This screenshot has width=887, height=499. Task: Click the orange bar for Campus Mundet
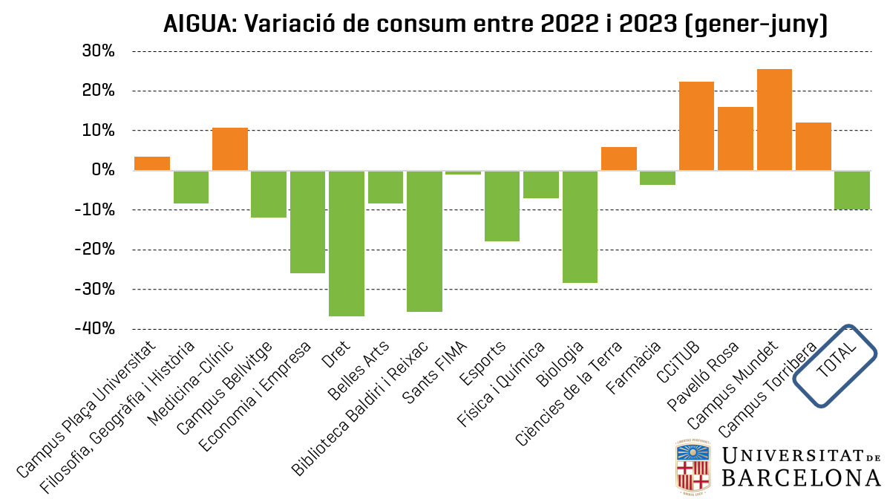click(774, 120)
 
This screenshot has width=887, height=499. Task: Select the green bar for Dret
click(347, 244)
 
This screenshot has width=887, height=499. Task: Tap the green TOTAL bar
click(852, 190)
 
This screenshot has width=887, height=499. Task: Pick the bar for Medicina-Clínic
click(230, 149)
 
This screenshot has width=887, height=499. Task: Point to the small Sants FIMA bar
click(463, 172)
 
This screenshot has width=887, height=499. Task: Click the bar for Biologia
click(580, 226)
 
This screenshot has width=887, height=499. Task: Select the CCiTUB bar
click(696, 126)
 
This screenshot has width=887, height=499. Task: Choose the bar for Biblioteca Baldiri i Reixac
click(425, 241)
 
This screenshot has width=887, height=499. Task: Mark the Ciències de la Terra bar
click(619, 159)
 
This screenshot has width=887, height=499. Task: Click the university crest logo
click(693, 466)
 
